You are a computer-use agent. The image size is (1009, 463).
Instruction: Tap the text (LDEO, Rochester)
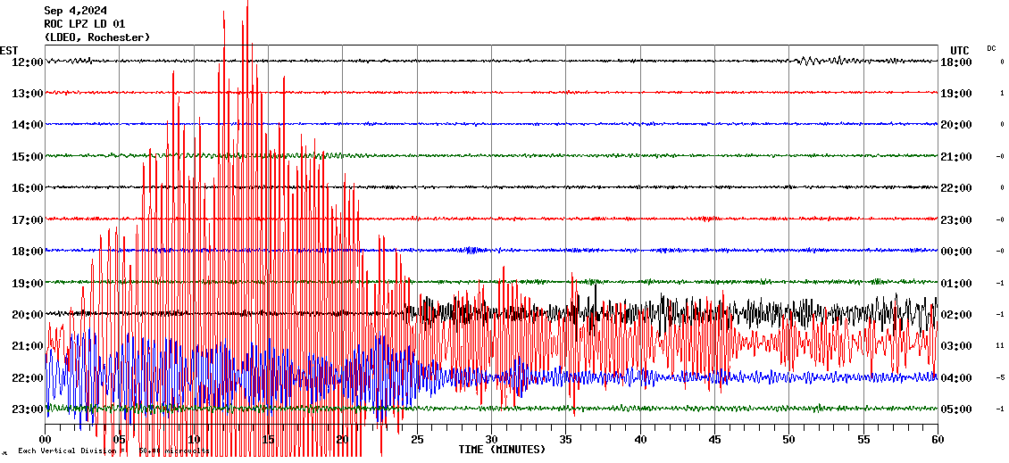tap(96, 37)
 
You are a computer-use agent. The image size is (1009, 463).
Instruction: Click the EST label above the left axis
tap(9, 50)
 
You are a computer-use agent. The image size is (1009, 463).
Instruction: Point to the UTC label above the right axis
tap(959, 50)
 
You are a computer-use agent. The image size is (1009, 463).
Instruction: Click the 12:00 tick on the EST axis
tap(28, 62)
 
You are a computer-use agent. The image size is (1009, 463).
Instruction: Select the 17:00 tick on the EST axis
tap(28, 219)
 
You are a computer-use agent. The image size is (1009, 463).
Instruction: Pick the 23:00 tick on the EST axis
tap(28, 409)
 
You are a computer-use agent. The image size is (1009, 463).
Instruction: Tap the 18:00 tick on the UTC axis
tap(957, 62)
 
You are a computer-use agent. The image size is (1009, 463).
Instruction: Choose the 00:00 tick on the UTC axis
tap(957, 251)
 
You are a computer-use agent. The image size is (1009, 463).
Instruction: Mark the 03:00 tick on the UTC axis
tap(957, 345)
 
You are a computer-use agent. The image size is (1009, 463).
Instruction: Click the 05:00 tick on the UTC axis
tap(957, 409)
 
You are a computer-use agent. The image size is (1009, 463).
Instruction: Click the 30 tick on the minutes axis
tap(491, 439)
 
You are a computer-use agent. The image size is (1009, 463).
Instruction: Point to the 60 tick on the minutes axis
tap(937, 439)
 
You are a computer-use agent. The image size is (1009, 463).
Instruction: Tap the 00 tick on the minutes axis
tap(46, 439)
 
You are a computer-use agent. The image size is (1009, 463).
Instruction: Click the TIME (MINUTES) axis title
tap(501, 450)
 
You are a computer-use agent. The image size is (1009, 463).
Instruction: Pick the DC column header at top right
tap(991, 48)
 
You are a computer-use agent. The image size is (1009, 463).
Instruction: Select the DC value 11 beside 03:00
tap(1001, 345)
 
